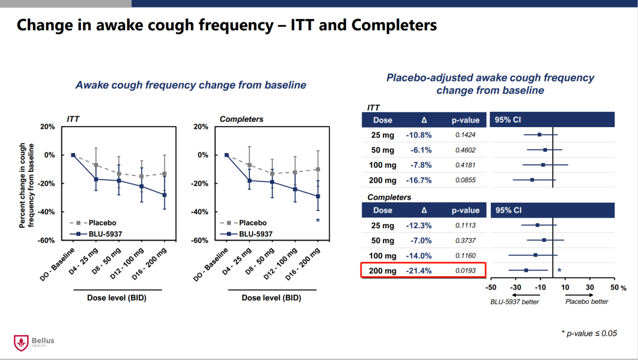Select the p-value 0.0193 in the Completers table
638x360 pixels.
pos(465,271)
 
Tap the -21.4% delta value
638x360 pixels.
pos(418,271)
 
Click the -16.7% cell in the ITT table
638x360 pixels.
pos(418,180)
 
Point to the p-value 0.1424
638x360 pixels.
pos(465,135)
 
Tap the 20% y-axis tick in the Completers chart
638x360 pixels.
pos(201,127)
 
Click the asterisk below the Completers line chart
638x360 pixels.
pos(318,222)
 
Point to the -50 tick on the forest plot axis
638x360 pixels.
pos(490,287)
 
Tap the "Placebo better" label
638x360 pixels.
pos(587,301)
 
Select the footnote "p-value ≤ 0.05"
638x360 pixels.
pos(589,333)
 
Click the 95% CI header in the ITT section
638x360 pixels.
pos(508,119)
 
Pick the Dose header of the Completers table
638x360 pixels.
pos(382,210)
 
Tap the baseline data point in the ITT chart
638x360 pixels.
pos(73,155)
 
